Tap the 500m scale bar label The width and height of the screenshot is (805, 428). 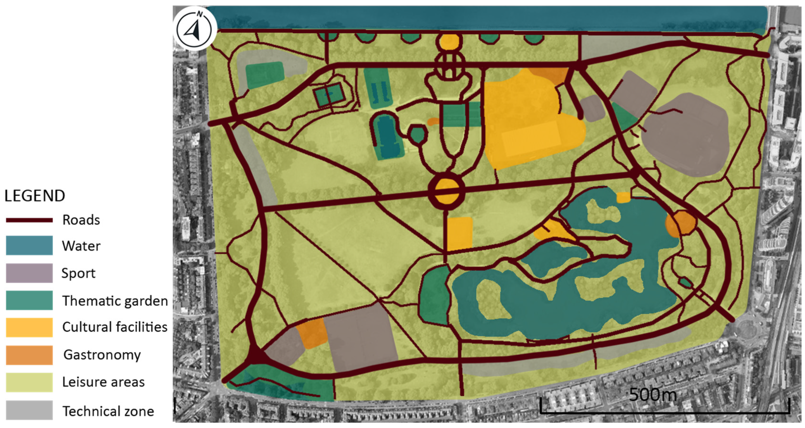[653, 395]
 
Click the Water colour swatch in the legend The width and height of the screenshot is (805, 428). [29, 245]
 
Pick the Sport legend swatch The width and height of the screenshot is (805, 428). [29, 273]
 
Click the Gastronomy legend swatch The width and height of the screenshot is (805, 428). [29, 355]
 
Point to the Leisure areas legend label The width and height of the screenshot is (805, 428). [103, 382]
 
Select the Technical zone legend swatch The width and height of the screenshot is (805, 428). [29, 410]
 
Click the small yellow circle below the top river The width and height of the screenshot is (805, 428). [449, 42]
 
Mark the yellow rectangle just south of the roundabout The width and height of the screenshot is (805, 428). [460, 234]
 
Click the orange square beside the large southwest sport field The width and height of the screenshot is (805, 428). [312, 333]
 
